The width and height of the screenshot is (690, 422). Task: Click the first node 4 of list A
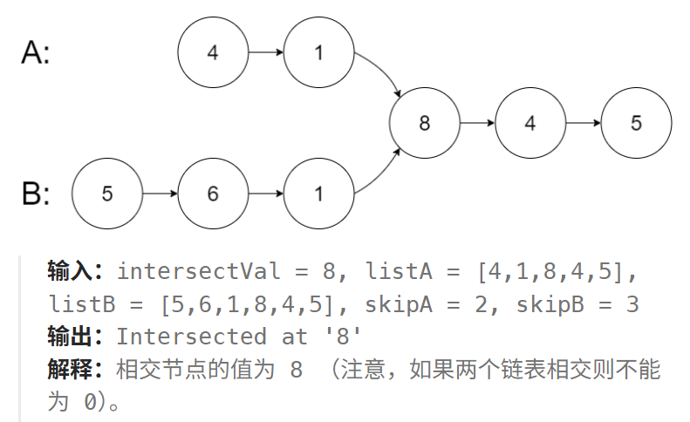[213, 53]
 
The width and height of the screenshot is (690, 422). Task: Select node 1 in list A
[318, 53]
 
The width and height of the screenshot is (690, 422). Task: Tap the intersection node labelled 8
[425, 123]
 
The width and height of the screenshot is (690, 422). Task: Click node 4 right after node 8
[530, 123]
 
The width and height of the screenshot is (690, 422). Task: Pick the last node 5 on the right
[636, 123]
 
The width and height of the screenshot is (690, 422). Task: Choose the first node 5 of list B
[107, 194]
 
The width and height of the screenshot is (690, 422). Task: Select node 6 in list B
[213, 194]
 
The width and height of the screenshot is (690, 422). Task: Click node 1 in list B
[318, 194]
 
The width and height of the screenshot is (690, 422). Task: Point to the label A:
[36, 54]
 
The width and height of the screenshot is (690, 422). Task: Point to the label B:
[36, 194]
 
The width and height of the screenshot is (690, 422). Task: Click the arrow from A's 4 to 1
[265, 53]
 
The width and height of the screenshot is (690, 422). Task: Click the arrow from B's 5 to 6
[160, 194]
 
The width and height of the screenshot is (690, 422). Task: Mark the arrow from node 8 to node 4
[477, 123]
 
